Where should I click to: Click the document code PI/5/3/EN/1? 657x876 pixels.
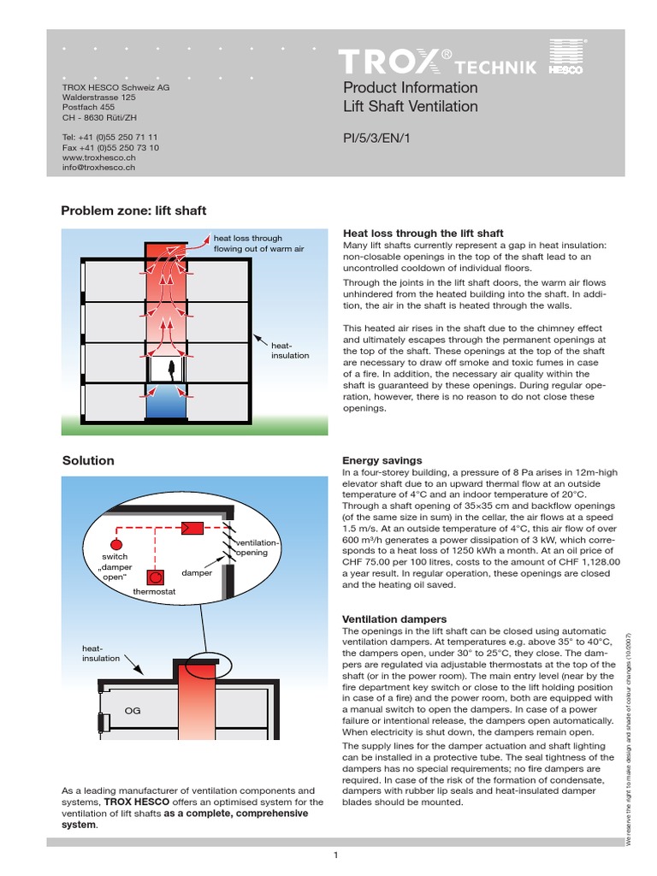(376, 137)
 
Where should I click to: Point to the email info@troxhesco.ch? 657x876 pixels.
(99, 169)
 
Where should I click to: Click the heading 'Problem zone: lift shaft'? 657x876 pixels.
(133, 210)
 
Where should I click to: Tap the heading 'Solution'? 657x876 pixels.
(88, 460)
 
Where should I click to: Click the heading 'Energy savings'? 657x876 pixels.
(382, 460)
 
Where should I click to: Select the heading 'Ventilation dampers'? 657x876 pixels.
(394, 619)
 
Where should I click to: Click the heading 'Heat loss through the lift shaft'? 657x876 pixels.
(423, 233)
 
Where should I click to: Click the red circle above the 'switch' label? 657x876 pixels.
(117, 543)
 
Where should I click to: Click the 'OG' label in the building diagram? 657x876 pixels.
(133, 710)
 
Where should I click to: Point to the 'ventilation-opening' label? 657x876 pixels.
(257, 547)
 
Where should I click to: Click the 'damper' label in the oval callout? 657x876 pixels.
(197, 572)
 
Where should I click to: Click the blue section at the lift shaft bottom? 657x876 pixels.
(168, 405)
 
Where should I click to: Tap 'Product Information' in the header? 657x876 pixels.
(410, 87)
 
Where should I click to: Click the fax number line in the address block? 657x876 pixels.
(110, 147)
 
